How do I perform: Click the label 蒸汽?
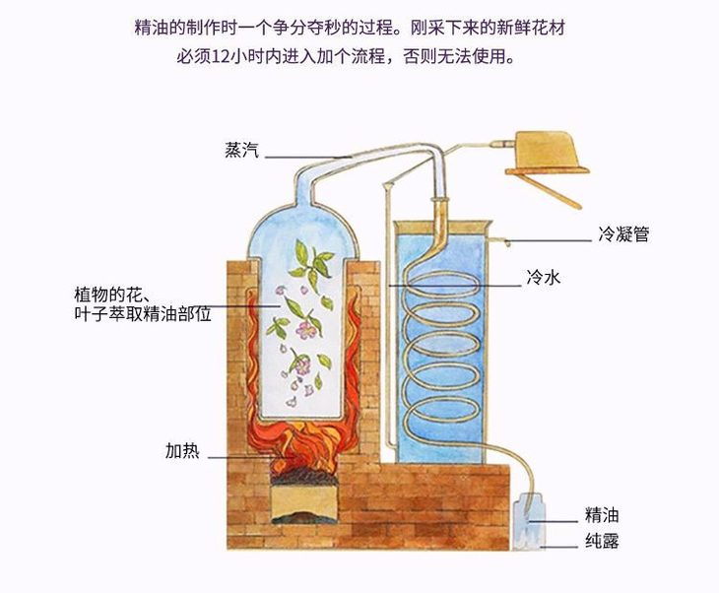[x=242, y=152]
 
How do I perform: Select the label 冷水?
[x=543, y=279]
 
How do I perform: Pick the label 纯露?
[x=601, y=541]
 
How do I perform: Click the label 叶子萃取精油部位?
[x=143, y=313]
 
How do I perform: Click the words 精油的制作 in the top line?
[x=168, y=28]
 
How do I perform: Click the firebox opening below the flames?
[x=307, y=500]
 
